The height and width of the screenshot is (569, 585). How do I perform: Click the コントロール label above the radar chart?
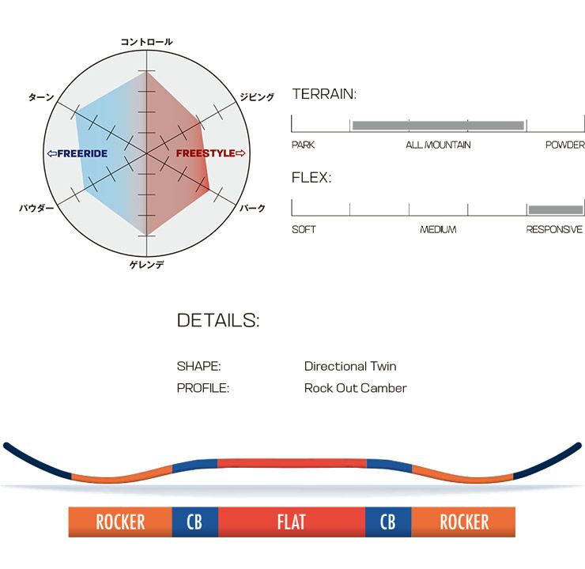(146, 41)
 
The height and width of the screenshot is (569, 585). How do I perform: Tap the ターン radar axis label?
(40, 96)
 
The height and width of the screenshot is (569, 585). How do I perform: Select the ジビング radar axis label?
(257, 96)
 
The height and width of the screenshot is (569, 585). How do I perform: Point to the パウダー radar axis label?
(36, 208)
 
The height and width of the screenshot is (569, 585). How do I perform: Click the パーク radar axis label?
(252, 208)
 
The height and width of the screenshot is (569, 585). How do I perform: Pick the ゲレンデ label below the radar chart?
(146, 264)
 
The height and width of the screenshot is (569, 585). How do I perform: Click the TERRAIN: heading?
(324, 95)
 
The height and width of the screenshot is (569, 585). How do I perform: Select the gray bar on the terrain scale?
(438, 125)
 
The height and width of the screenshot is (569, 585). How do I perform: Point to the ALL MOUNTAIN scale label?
(438, 145)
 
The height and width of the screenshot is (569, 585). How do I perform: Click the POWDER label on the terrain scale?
(564, 145)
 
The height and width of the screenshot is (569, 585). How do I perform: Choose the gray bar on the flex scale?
(555, 209)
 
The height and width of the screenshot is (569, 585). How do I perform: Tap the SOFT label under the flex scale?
(304, 230)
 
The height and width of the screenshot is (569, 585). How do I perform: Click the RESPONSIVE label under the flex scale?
(554, 230)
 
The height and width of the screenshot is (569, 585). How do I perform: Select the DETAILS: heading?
(218, 321)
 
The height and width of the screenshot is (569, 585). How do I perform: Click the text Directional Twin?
(350, 367)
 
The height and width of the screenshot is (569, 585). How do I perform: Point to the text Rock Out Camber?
(355, 388)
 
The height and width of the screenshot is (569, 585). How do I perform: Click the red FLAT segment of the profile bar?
(291, 522)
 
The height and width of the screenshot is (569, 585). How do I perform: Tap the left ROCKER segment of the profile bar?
(120, 522)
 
